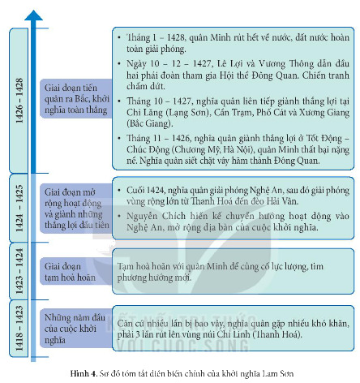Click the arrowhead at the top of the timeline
coord(33,15)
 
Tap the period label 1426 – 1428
coord(19,101)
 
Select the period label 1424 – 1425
coord(19,209)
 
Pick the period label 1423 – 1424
coord(19,271)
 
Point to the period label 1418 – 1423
coord(19,328)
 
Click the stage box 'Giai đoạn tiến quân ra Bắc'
coord(76,99)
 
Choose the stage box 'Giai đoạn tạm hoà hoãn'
coord(76,272)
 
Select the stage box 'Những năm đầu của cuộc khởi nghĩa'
coord(76,329)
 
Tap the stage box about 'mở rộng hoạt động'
coord(76,209)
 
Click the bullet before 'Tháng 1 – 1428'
coord(119,37)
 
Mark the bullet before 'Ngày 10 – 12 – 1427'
coord(119,63)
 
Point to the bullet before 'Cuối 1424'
coord(119,190)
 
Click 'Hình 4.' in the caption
coord(84,373)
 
